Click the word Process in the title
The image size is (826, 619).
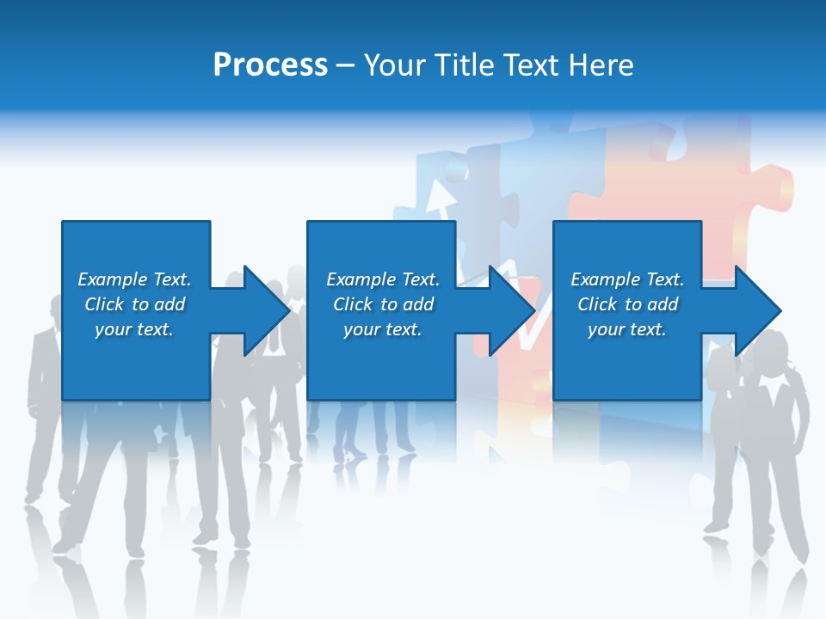click(270, 65)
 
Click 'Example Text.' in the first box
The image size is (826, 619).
click(134, 279)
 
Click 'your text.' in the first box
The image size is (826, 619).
click(134, 329)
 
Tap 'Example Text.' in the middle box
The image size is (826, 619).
click(383, 279)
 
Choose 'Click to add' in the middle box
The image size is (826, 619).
click(383, 304)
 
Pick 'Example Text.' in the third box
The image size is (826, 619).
click(627, 279)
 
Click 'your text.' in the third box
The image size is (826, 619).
click(627, 329)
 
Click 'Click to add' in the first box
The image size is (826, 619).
click(134, 304)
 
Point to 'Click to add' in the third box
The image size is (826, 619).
click(627, 304)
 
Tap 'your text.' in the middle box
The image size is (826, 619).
click(383, 329)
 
